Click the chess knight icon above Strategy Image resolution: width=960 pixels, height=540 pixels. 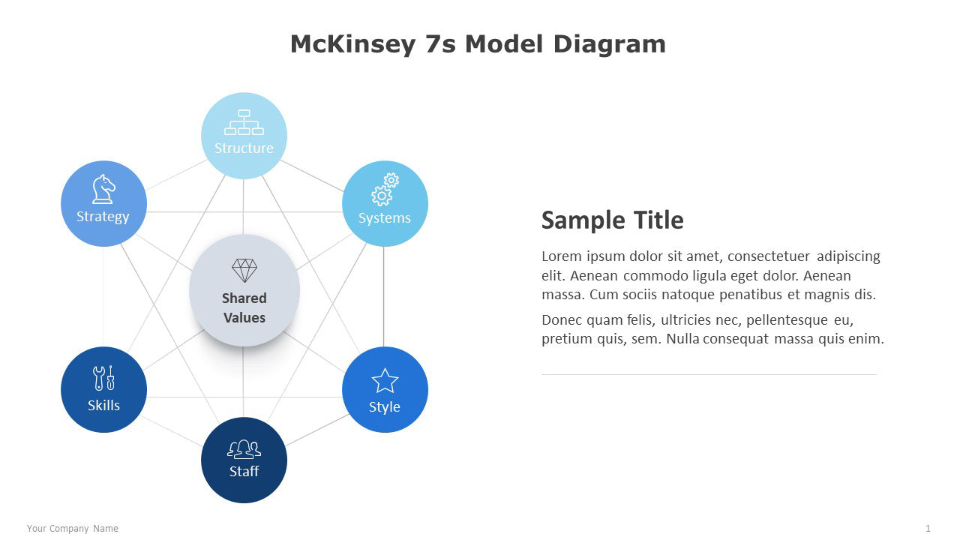[x=103, y=189]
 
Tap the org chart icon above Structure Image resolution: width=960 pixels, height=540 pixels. [x=244, y=122]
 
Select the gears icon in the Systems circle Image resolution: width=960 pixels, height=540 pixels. [x=385, y=190]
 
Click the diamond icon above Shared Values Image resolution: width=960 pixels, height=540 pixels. [x=244, y=271]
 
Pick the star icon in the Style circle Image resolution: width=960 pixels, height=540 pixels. [x=385, y=380]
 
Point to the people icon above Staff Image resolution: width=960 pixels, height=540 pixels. [x=244, y=449]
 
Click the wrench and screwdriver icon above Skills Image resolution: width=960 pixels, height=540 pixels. [x=103, y=378]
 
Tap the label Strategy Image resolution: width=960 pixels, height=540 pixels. [x=103, y=217]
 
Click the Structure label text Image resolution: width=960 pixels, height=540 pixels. [x=244, y=148]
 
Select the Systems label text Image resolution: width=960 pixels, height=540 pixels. [x=385, y=218]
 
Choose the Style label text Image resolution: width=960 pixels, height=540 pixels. [x=385, y=407]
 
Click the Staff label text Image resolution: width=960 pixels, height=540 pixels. [x=244, y=472]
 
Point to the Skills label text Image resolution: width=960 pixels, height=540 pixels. [x=103, y=406]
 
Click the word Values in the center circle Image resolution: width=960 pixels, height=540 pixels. [x=244, y=318]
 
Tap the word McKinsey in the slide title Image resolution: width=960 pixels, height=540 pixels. [x=353, y=44]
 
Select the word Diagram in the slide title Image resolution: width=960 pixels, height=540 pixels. [x=610, y=44]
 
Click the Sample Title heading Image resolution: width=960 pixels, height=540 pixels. [x=613, y=220]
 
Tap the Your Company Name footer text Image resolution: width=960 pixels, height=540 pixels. [x=73, y=529]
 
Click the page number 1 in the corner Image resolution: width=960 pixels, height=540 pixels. [x=928, y=529]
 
